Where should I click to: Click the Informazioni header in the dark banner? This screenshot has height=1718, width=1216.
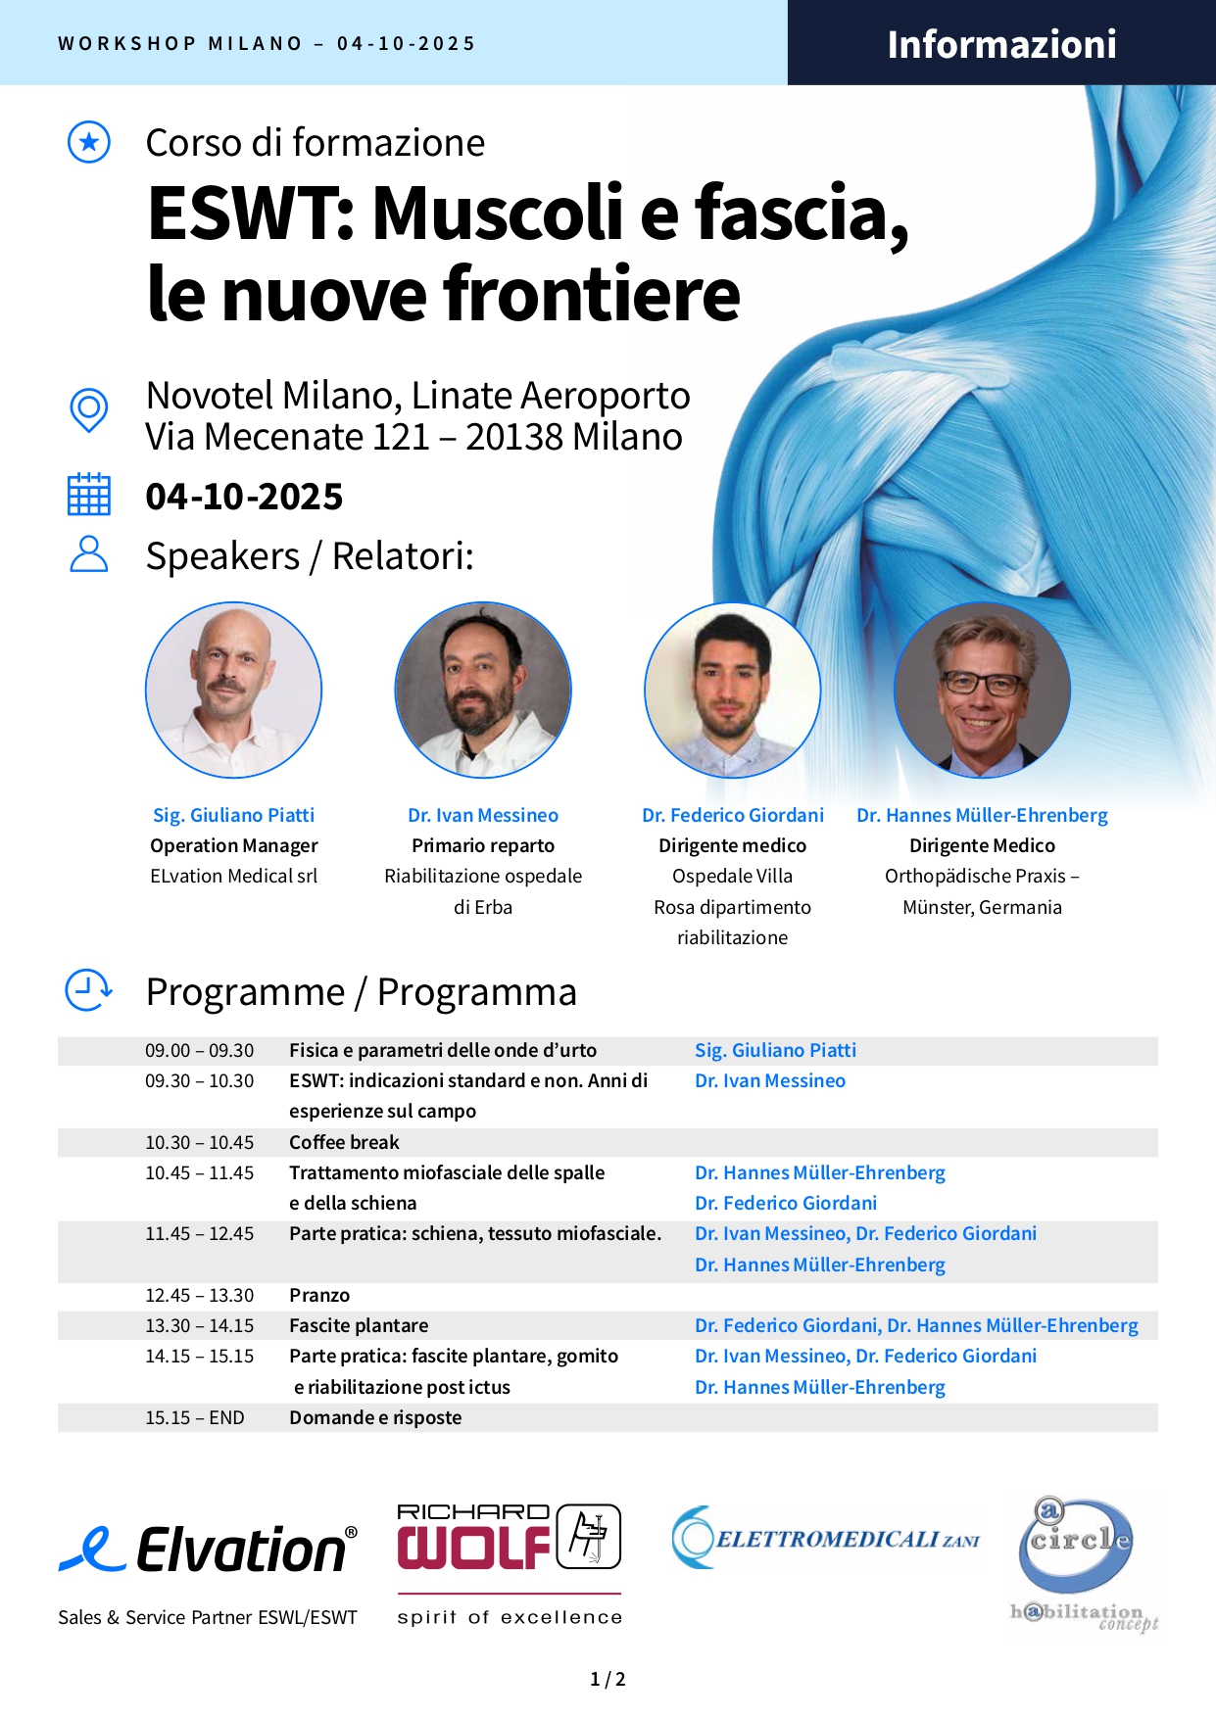[x=1001, y=44]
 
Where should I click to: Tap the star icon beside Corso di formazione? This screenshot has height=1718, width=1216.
[x=89, y=143]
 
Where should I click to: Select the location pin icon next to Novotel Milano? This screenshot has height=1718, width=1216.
[x=89, y=410]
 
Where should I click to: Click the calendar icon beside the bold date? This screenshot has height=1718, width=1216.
[x=88, y=495]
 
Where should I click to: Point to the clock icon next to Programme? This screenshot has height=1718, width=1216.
[x=88, y=990]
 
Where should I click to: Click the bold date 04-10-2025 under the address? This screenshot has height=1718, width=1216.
[x=244, y=497]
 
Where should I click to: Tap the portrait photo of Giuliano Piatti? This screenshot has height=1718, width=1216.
[x=233, y=691]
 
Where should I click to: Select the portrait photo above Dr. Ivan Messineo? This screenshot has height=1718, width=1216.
[x=483, y=691]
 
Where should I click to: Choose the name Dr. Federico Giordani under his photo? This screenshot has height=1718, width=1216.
[x=733, y=815]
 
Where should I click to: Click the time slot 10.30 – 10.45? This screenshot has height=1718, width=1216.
[x=200, y=1142]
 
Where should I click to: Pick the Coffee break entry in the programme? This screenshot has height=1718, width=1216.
[x=344, y=1142]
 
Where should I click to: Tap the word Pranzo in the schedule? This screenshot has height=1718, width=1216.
[x=319, y=1295]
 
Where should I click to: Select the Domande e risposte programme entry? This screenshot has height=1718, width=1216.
[x=375, y=1417]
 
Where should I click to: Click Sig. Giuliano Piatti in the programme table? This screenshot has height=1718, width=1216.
[x=775, y=1050]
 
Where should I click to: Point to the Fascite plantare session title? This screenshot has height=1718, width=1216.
[x=359, y=1325]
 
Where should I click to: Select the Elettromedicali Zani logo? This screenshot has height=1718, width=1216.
[x=826, y=1538]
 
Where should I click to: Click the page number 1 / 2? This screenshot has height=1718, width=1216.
[x=608, y=1679]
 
